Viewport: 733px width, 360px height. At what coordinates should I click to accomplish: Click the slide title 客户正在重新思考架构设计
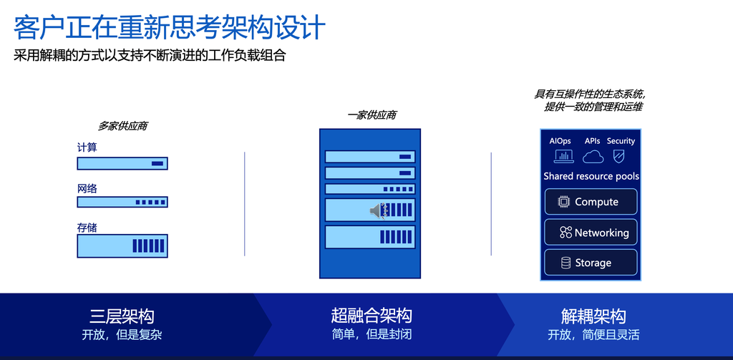click(169, 28)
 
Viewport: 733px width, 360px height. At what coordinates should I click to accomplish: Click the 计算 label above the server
click(87, 147)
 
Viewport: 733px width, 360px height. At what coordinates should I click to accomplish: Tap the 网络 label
click(87, 189)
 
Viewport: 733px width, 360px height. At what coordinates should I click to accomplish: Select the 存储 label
click(87, 228)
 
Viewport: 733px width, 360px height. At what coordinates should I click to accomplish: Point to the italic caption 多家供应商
click(123, 126)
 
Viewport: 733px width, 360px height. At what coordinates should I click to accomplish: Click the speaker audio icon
click(379, 211)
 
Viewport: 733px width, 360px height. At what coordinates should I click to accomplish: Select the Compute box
click(591, 202)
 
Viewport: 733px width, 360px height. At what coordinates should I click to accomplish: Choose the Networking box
click(591, 233)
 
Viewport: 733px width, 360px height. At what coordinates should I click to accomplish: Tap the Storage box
click(591, 262)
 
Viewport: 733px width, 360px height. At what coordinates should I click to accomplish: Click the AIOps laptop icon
click(564, 156)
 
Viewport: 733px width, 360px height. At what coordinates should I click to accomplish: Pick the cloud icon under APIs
click(593, 157)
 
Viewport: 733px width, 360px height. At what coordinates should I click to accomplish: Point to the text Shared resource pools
click(591, 176)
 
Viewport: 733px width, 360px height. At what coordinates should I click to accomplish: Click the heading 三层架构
click(122, 316)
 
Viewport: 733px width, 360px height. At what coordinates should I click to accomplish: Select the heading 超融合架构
click(372, 316)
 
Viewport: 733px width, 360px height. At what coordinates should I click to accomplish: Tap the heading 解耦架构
click(593, 316)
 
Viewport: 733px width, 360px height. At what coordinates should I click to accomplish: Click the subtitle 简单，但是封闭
click(372, 335)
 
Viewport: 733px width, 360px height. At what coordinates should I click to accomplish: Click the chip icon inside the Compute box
click(564, 202)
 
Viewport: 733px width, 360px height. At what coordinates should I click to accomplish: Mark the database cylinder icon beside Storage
click(565, 263)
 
